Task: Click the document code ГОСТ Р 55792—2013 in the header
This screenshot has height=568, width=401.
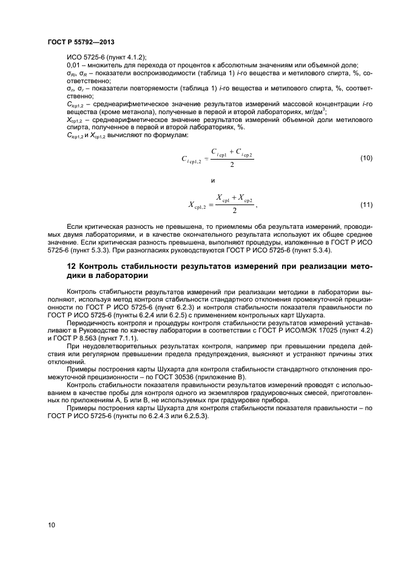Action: (x=79, y=42)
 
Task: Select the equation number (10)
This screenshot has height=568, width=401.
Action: (x=366, y=158)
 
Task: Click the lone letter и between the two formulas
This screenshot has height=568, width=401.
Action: (x=212, y=181)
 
